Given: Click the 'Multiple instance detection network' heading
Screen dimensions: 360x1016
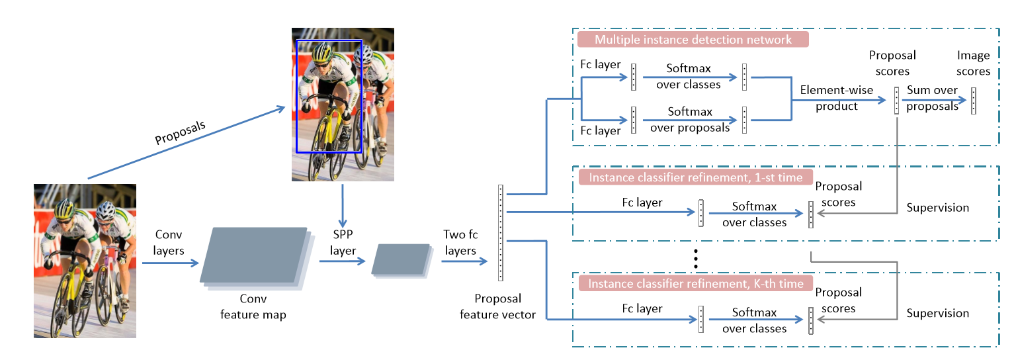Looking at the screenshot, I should (693, 40).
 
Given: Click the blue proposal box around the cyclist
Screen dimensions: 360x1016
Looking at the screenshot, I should (297, 96).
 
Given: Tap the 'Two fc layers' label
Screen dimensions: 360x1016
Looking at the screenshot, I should (460, 243).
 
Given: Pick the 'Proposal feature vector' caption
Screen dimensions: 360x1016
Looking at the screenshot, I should (498, 306).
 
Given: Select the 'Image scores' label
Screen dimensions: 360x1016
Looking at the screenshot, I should (973, 63).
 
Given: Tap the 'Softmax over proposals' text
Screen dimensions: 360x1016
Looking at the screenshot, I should (690, 120).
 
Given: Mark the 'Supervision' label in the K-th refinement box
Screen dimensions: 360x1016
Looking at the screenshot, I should (937, 314).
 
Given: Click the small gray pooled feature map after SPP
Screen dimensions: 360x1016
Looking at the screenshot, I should (400, 259).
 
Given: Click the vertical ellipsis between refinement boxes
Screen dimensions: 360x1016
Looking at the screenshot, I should (696, 258).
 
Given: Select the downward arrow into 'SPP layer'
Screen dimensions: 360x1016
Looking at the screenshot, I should (343, 205).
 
